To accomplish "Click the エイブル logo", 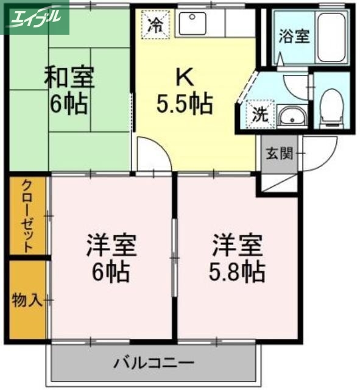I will coord(35,17).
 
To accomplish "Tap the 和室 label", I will coord(69,78).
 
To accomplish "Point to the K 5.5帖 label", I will coord(184,91).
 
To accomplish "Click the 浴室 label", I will coord(294,37).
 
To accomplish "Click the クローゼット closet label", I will coord(27,216).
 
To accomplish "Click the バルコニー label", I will coord(153,364).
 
